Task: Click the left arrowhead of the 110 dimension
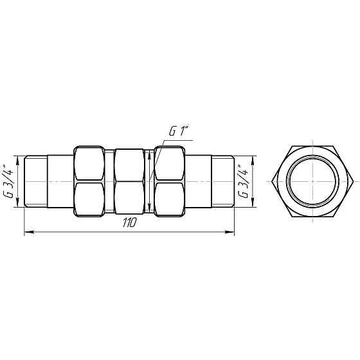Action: tap(27, 232)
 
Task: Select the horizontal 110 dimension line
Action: tap(77, 232)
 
